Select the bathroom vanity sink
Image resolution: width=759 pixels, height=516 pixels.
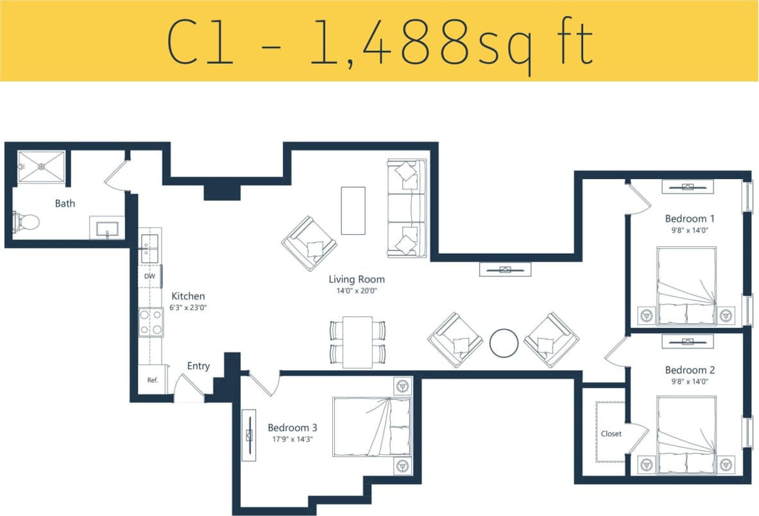[x=107, y=228]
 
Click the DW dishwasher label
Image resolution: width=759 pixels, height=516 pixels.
[x=149, y=277]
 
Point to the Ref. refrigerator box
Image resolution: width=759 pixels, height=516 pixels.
[x=153, y=380]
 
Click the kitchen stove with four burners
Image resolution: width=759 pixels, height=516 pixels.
[x=151, y=322]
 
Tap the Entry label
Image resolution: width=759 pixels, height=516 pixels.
[x=198, y=366]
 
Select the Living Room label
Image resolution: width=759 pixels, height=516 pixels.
[x=357, y=279]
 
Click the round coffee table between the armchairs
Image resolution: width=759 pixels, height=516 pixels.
[x=504, y=343]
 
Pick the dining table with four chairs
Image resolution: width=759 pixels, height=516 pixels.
[x=357, y=342]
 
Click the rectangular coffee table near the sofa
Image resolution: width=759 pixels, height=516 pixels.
[x=353, y=211]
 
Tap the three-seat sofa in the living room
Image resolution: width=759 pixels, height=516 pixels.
[x=407, y=208]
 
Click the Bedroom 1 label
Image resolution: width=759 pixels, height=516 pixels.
[x=690, y=218]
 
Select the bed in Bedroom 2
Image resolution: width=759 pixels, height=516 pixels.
[x=687, y=436]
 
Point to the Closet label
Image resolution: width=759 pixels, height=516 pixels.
[x=611, y=434]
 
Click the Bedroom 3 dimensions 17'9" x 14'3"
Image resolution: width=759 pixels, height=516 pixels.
[x=293, y=440]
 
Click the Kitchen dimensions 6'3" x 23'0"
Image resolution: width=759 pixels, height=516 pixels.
[x=189, y=307]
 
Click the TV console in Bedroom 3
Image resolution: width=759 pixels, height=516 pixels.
[x=248, y=434]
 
